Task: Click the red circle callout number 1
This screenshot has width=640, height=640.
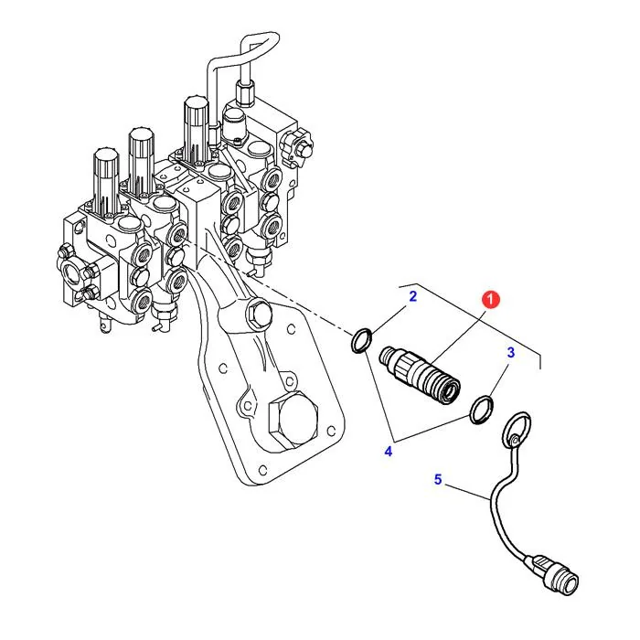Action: [491, 300]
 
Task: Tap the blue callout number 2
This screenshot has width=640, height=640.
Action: [412, 296]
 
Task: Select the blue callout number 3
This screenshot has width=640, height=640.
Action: [510, 352]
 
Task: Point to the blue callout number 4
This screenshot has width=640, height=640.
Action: [389, 451]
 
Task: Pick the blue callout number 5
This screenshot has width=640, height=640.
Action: [438, 479]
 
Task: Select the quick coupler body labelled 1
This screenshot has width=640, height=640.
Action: [420, 374]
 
